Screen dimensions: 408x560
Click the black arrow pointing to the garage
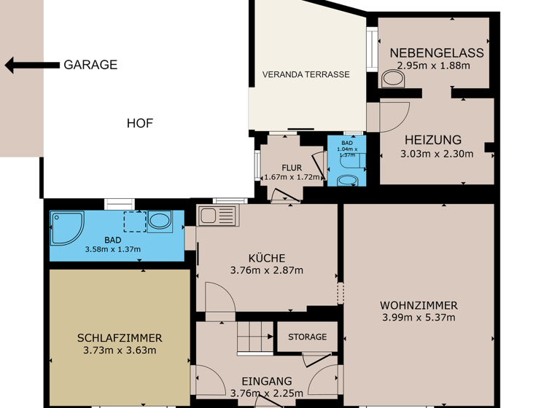coord(31,66)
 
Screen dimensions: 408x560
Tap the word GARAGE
coord(90,65)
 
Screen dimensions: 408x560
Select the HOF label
coord(140,123)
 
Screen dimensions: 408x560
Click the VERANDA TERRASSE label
coord(306,74)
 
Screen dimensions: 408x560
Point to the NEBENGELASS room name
coord(436,53)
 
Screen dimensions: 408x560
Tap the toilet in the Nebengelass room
coord(393,78)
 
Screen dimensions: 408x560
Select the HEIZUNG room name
coord(433,140)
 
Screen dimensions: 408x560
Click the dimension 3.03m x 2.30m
coord(437,154)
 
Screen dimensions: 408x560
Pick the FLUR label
coord(292,168)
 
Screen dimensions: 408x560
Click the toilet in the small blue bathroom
coord(347,179)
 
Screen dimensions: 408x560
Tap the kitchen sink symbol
coord(217,216)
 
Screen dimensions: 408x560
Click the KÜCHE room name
coord(266,258)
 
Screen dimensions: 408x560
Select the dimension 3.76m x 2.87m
coord(266,270)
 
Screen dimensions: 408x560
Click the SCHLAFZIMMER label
coord(120,338)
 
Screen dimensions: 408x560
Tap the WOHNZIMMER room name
coord(419,305)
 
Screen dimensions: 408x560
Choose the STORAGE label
coord(307,337)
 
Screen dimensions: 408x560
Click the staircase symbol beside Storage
coord(254,336)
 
